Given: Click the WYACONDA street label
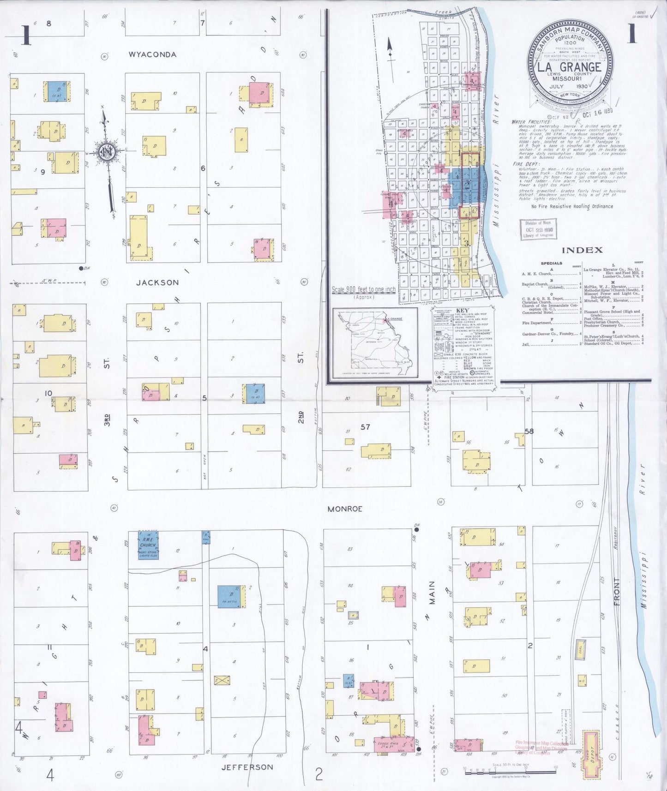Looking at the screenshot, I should [x=152, y=54].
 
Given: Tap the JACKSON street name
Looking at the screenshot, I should [x=157, y=282].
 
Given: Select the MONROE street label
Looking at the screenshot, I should [x=345, y=509].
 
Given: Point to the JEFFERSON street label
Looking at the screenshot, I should [x=247, y=767].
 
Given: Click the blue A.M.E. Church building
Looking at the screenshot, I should [x=149, y=545].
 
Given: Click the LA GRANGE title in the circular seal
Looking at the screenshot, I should [x=570, y=67].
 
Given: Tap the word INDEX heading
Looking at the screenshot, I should [x=582, y=250].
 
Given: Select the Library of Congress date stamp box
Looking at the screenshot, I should [x=539, y=229].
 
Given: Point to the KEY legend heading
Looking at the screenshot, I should [x=463, y=311].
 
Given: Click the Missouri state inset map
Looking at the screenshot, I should [x=375, y=342].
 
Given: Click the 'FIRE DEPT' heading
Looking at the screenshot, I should [x=523, y=164].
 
